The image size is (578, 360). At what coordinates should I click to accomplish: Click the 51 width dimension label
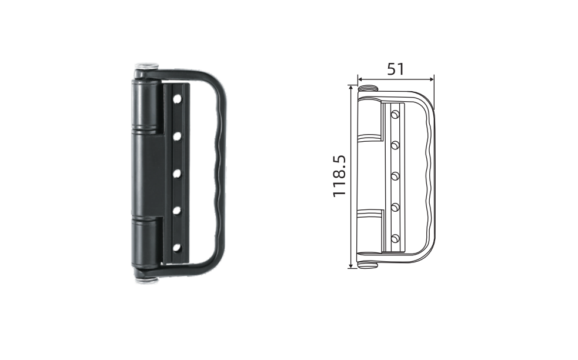[396, 69]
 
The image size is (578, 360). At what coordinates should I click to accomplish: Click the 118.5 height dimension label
[339, 176]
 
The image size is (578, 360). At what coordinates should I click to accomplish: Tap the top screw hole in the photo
[178, 99]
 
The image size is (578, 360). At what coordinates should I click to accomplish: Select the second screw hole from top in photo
[178, 136]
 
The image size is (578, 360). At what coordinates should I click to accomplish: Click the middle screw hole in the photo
[178, 173]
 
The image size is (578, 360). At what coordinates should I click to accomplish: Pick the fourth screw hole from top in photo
[178, 211]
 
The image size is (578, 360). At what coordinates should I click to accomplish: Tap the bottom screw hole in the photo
[178, 248]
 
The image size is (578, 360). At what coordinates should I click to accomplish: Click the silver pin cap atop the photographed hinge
[146, 66]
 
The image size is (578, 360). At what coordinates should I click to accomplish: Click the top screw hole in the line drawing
[396, 115]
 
